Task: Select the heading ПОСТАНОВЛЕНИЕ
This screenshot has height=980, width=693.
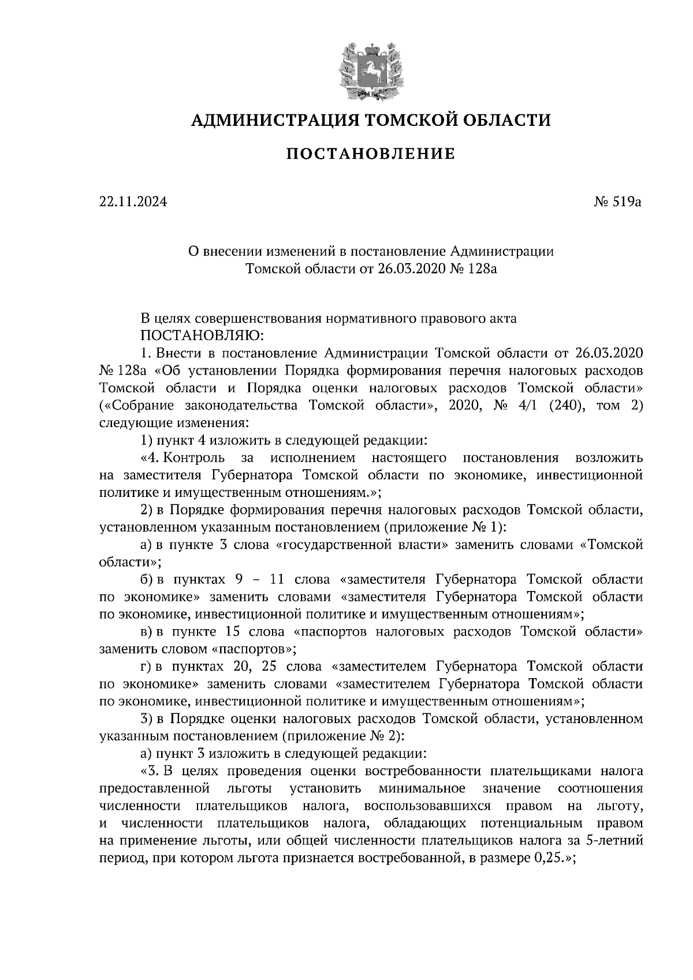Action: coord(371,154)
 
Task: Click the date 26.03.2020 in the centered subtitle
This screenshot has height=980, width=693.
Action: coord(411,268)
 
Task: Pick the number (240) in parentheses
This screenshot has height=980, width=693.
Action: coord(555,405)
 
